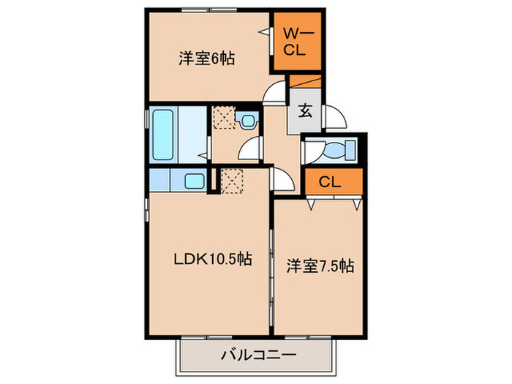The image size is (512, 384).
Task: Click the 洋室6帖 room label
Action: (207, 59)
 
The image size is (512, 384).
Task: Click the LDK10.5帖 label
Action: (213, 258)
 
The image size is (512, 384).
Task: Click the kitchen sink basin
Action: (194, 181)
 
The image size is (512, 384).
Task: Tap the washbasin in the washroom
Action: (248, 118)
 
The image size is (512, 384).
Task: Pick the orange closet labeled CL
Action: (333, 182)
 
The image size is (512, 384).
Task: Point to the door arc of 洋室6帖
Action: (274, 94)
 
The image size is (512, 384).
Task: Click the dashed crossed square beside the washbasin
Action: (223, 117)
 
